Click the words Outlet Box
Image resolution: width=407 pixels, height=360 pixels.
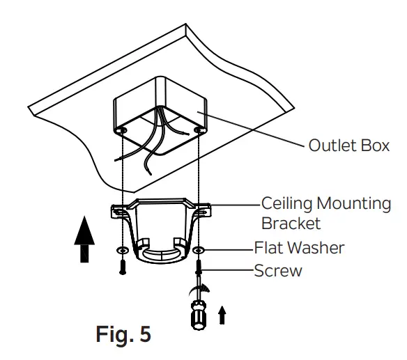click(348, 147)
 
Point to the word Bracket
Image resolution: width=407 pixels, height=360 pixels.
click(291, 224)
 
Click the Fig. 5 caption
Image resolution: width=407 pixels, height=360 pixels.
click(123, 334)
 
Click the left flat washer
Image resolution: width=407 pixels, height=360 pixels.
click(123, 249)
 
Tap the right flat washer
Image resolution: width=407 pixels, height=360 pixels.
click(199, 249)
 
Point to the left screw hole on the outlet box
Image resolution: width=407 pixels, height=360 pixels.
click(122, 130)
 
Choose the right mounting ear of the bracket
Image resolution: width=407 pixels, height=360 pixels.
click(201, 208)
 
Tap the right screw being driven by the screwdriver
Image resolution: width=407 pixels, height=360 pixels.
click(199, 268)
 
